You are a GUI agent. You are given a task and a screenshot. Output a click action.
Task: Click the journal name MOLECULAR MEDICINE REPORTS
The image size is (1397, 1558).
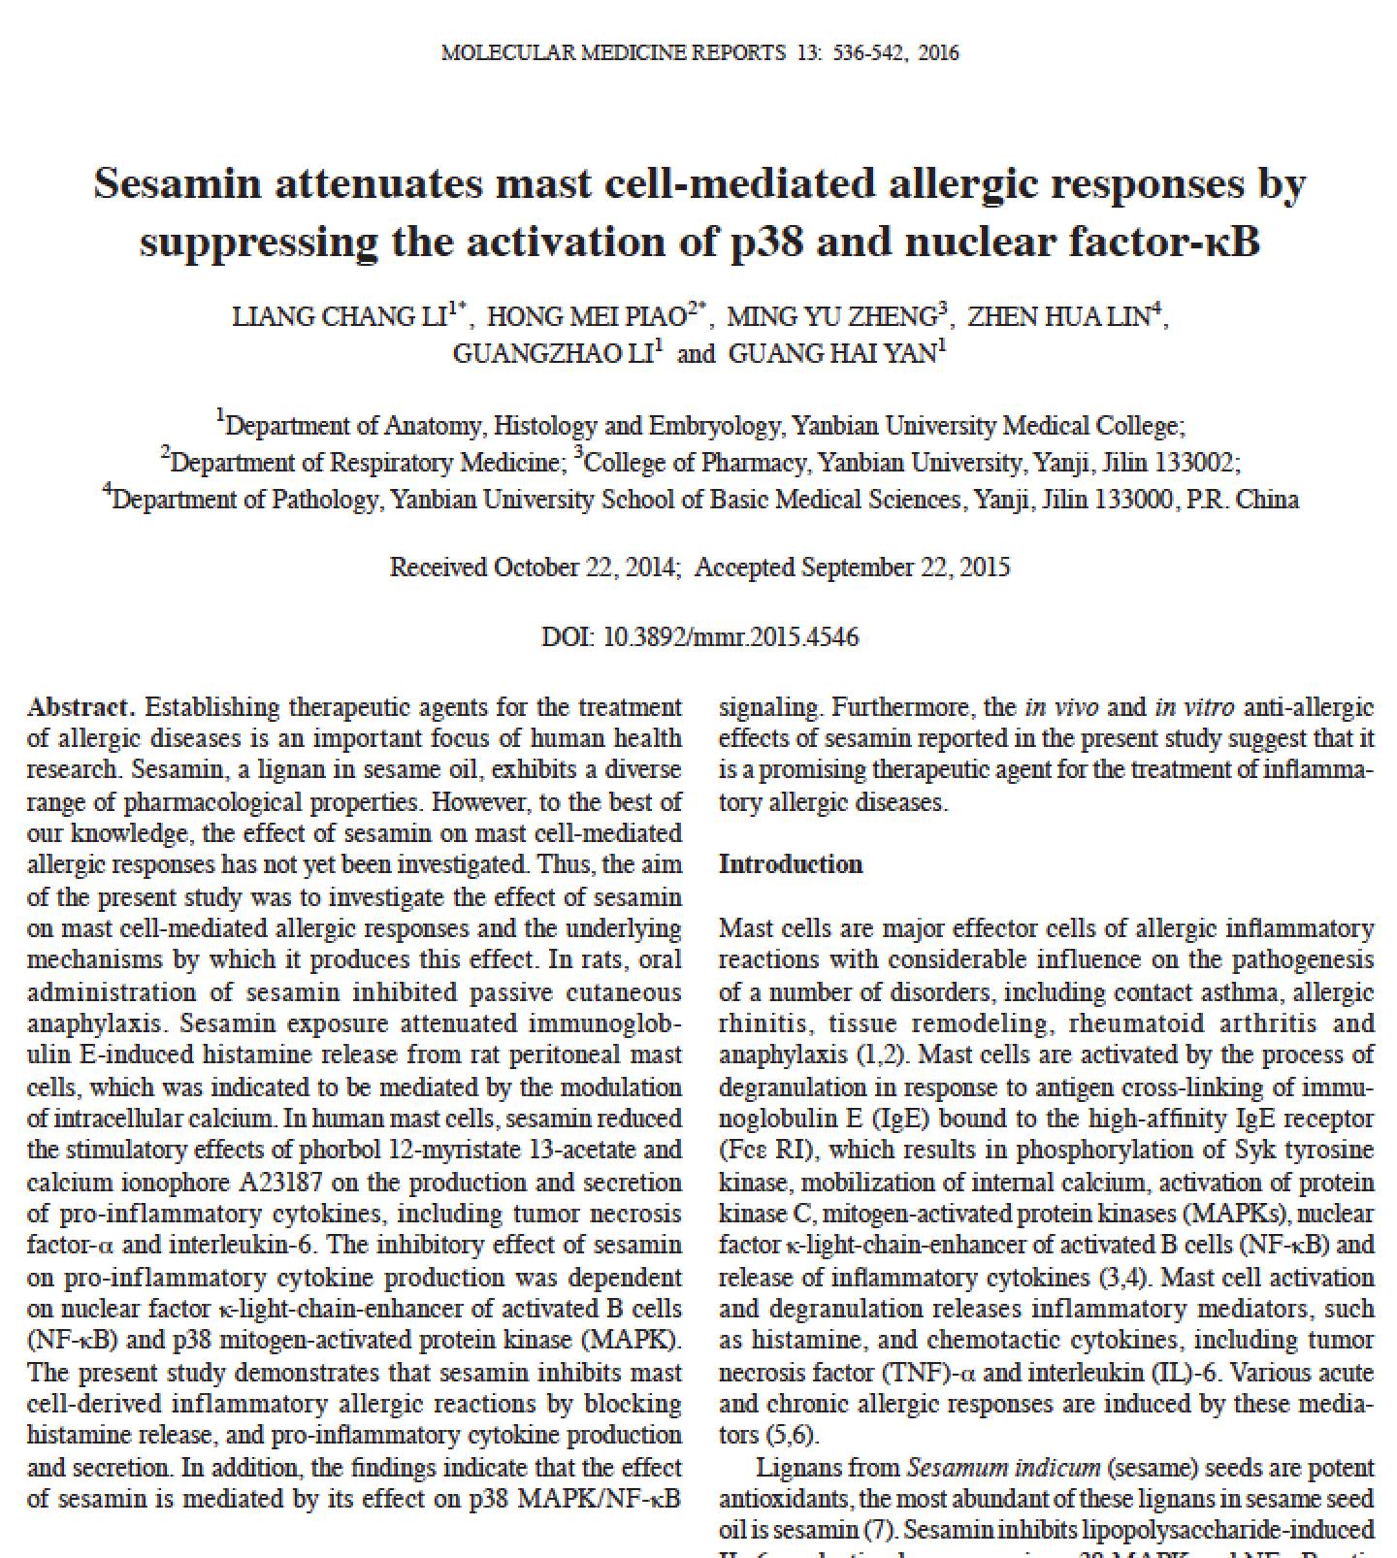coord(613,53)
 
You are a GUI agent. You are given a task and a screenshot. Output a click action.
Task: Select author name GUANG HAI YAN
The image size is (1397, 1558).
coord(831,354)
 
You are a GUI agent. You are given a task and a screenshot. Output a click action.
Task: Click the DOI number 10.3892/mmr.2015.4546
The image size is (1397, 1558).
coord(731,637)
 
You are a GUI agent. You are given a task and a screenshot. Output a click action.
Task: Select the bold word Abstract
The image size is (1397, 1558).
coord(81,707)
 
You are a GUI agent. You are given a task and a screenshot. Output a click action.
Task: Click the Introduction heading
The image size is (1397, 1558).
coord(790,864)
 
